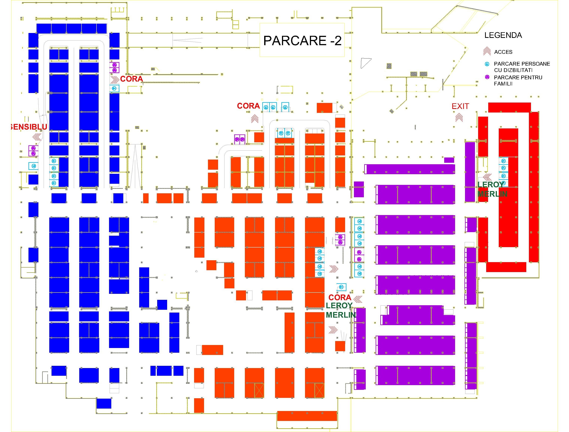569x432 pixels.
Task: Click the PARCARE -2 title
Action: pos(302,41)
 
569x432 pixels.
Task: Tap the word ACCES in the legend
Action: pos(503,52)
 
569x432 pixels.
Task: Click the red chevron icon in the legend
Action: pos(487,51)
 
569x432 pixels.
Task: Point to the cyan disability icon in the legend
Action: pos(487,64)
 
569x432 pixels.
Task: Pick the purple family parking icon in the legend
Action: pos(487,77)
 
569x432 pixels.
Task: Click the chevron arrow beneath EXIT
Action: pos(459,118)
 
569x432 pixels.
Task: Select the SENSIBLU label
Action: pos(29,127)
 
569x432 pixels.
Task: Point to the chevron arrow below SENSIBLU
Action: pos(37,137)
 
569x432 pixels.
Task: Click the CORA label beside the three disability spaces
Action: pos(248,106)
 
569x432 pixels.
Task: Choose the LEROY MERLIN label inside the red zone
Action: pos(492,189)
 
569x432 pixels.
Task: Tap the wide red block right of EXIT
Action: pos(509,107)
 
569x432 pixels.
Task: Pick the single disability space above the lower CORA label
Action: pos(341,287)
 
